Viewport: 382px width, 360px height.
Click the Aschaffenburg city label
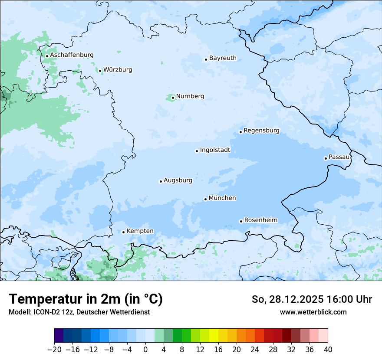(72, 55)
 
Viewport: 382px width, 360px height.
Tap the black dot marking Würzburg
(100, 71)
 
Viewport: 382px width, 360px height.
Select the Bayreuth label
(223, 58)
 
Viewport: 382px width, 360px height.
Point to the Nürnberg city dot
(173, 98)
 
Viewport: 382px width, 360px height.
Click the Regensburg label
(261, 131)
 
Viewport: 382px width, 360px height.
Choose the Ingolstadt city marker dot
(197, 151)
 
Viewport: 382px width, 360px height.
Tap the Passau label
(339, 157)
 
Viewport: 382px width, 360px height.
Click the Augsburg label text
(178, 180)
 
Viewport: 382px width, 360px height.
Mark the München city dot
(205, 199)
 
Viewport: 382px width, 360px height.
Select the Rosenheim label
(260, 220)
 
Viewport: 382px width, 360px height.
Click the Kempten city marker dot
(123, 232)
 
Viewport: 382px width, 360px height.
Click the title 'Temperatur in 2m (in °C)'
(86, 299)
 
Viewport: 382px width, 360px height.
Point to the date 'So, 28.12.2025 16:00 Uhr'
(312, 299)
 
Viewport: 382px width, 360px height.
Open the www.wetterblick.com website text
(313, 312)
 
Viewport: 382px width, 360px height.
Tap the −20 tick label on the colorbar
(54, 350)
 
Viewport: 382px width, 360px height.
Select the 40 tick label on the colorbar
(328, 350)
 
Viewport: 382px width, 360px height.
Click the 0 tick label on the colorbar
(145, 350)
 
